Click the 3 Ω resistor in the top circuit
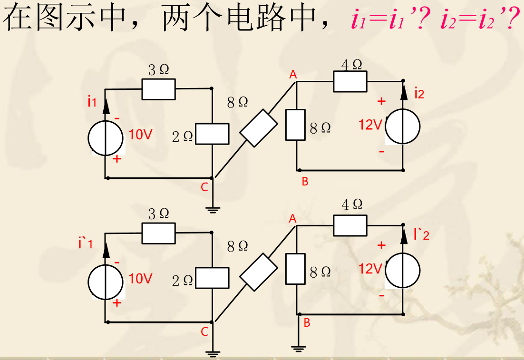tap(158, 89)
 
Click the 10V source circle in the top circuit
tap(105, 138)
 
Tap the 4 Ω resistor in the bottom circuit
tap(350, 225)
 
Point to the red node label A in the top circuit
tap(293, 74)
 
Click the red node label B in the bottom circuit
tap(307, 323)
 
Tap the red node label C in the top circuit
tap(204, 187)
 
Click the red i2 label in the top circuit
tap(419, 93)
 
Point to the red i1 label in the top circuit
tap(92, 101)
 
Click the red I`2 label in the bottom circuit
tap(421, 234)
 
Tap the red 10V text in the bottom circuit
tap(140, 279)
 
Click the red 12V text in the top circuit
tap(370, 125)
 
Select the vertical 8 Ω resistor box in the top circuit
tap(295, 125)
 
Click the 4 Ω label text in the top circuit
tap(352, 65)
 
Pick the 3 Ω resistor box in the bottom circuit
tap(158, 233)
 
